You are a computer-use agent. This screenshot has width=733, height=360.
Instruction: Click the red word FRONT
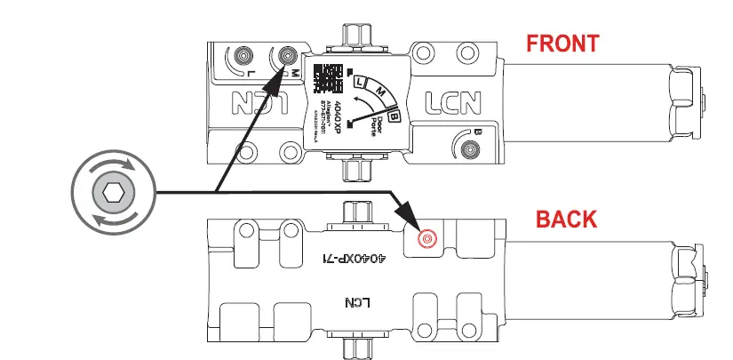pyautogui.click(x=562, y=42)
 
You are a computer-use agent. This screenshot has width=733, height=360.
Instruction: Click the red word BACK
pyautogui.click(x=565, y=218)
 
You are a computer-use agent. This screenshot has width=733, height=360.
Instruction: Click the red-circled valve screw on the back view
pyautogui.click(x=427, y=238)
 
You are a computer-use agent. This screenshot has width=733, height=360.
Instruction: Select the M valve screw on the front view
pyautogui.click(x=287, y=55)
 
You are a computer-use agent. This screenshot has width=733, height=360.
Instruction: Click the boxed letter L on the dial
pyautogui.click(x=361, y=82)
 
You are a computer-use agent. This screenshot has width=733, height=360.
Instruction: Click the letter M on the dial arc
pyautogui.click(x=380, y=90)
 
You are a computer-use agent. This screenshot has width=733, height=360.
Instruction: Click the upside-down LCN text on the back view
pyautogui.click(x=355, y=302)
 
